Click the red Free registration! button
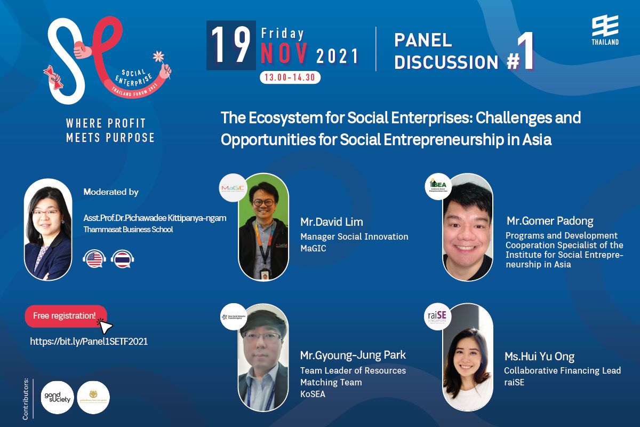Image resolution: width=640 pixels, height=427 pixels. point(65,315)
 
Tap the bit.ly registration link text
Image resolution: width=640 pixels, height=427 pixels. point(89,342)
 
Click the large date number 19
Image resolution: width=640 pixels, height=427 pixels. point(230,46)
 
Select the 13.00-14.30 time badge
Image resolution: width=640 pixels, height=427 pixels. point(290,77)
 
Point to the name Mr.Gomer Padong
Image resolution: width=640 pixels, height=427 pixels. point(550,221)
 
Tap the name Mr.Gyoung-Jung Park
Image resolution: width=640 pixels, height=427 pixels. point(353,355)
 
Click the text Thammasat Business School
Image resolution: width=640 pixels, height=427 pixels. point(129,230)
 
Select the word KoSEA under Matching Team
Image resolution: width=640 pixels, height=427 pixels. point(313,394)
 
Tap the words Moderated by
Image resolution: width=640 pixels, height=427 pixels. point(111,192)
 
